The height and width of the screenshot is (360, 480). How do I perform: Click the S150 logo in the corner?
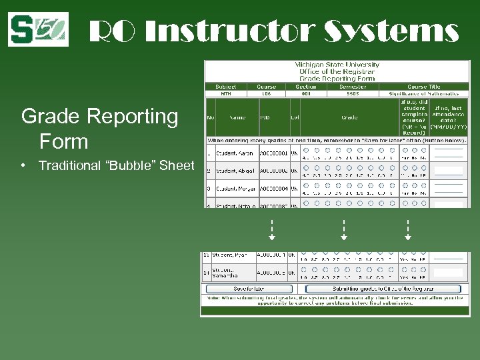pos(38,29)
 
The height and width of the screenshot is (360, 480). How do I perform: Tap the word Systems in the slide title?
pos(392,31)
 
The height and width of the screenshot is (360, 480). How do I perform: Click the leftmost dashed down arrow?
pos(272,230)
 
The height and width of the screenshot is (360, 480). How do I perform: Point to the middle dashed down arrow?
pos(343,230)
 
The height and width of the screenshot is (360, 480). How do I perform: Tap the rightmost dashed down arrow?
pos(407,230)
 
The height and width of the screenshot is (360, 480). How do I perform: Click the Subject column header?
pos(226,86)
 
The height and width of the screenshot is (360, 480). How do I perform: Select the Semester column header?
pos(352,86)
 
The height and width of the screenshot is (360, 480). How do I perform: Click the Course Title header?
pos(423,86)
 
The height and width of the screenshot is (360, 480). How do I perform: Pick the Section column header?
pos(306,86)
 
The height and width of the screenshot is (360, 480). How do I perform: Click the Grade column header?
pos(349,117)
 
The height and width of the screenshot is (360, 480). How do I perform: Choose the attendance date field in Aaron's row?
pos(447,153)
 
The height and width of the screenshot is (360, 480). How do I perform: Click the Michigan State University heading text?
pos(337,65)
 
